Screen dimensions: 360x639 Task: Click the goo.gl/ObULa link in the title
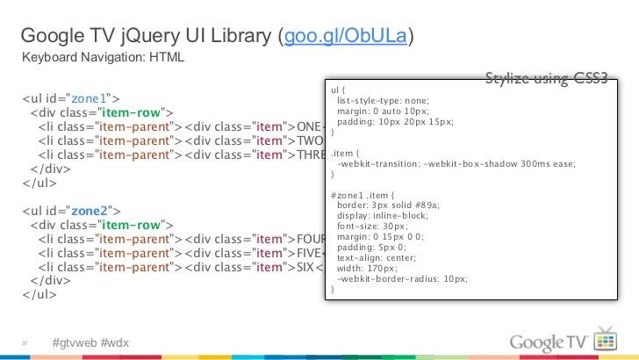(346, 37)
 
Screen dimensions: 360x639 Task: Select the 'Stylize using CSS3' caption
(545, 80)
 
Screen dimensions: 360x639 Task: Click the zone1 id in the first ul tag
(91, 97)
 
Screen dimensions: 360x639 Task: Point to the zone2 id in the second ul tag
(91, 212)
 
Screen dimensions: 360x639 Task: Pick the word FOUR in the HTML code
(312, 240)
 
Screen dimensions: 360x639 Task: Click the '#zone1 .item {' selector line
(363, 194)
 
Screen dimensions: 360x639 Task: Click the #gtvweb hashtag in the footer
(75, 341)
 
